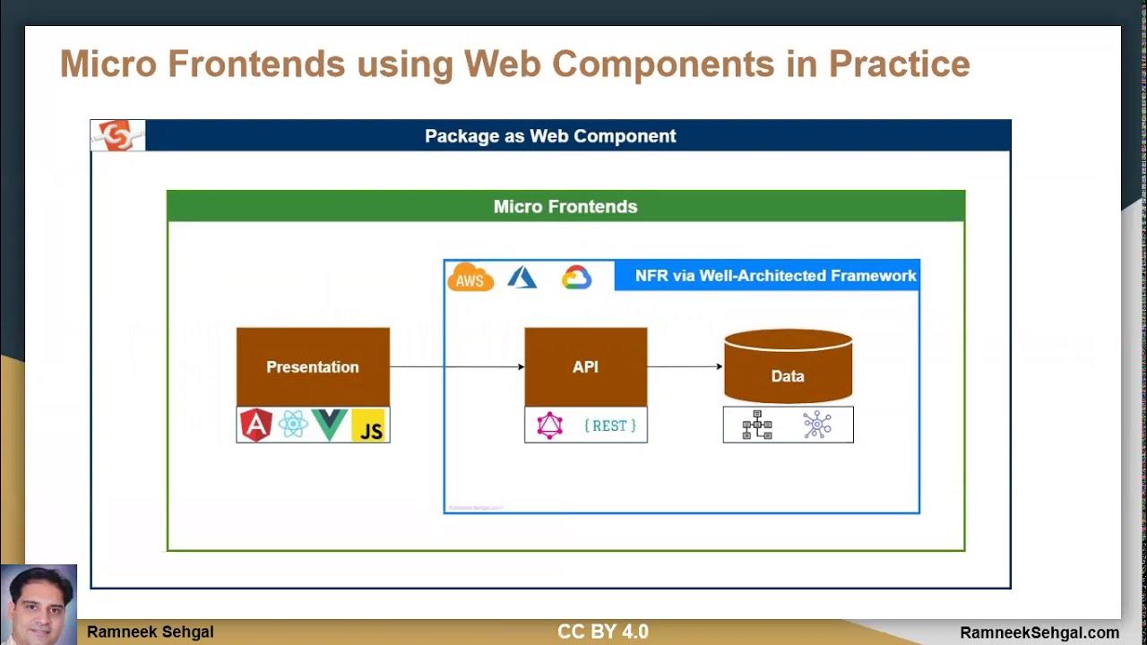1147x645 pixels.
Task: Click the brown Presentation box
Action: (313, 366)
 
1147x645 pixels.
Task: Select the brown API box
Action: (585, 366)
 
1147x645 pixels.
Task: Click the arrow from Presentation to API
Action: (457, 366)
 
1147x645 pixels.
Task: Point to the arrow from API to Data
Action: (685, 366)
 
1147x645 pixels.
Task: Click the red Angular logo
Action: (256, 425)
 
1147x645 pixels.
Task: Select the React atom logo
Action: (293, 425)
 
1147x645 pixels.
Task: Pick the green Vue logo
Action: (330, 425)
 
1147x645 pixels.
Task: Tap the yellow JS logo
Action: (368, 426)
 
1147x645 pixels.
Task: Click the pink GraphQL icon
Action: (549, 426)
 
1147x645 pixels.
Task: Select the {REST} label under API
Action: (609, 426)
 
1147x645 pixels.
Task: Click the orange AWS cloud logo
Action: (470, 278)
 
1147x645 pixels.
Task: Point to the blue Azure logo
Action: (522, 277)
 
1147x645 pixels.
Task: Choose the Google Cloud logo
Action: (576, 277)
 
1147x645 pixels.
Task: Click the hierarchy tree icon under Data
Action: (757, 425)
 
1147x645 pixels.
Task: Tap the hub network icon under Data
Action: (817, 425)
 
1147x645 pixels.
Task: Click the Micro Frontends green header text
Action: (565, 207)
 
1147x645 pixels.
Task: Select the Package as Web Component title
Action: (550, 136)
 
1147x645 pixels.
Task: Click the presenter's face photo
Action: (39, 602)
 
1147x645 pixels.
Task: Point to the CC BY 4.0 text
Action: (602, 632)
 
